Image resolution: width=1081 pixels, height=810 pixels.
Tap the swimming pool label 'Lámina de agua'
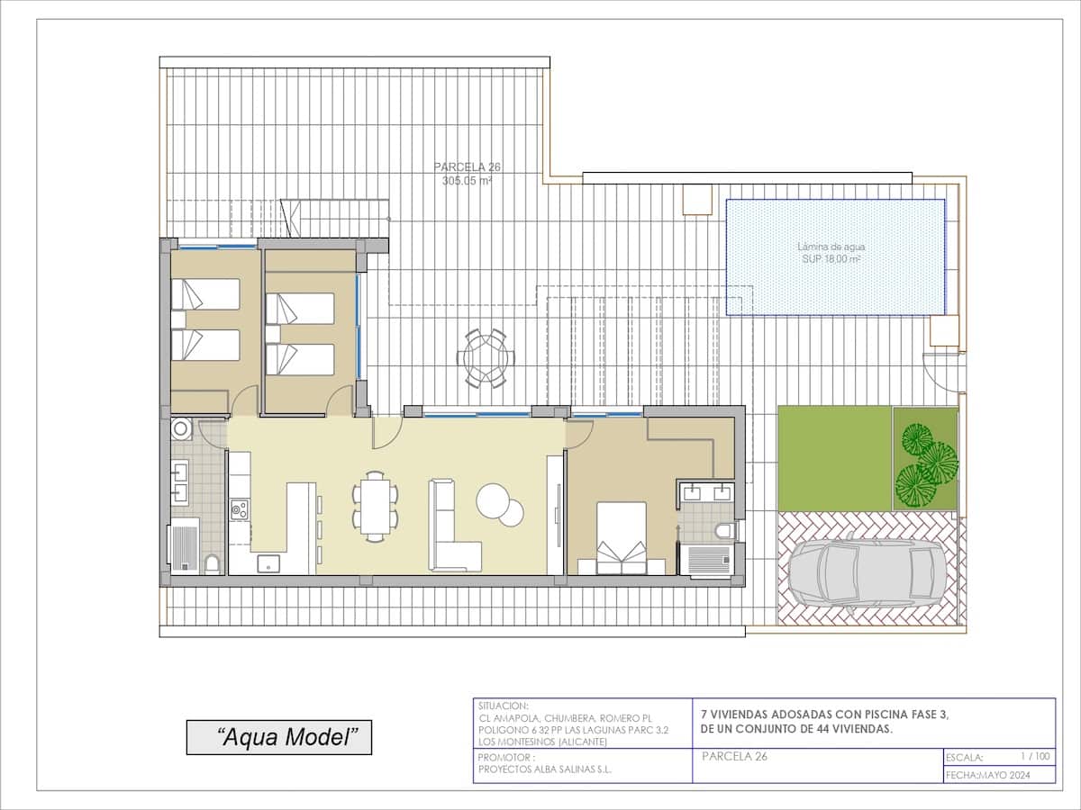pyautogui.click(x=835, y=246)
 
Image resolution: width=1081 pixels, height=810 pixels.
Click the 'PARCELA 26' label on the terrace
pyautogui.click(x=467, y=166)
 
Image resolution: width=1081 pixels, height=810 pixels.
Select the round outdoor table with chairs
pyautogui.click(x=486, y=357)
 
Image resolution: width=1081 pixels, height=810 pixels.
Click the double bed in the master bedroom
pyautogui.click(x=622, y=537)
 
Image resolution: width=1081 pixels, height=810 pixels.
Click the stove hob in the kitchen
pyautogui.click(x=239, y=510)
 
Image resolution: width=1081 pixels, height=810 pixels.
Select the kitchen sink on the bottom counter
pyautogui.click(x=268, y=564)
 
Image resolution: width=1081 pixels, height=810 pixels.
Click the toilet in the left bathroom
pyautogui.click(x=212, y=564)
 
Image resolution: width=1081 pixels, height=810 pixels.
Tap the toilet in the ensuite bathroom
pyautogui.click(x=726, y=531)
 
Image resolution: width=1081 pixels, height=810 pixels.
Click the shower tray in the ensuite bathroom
pyautogui.click(x=707, y=560)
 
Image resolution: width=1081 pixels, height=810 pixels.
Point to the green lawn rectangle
pyautogui.click(x=834, y=459)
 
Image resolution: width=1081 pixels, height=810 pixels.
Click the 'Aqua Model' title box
pyautogui.click(x=278, y=738)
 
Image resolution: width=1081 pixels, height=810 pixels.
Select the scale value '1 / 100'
pyautogui.click(x=1035, y=757)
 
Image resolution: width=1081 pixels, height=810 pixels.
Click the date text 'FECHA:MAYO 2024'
pyautogui.click(x=986, y=775)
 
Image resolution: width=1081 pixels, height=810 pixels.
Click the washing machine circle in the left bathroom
pyautogui.click(x=181, y=427)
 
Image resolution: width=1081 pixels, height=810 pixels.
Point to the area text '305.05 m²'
pyautogui.click(x=467, y=180)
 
